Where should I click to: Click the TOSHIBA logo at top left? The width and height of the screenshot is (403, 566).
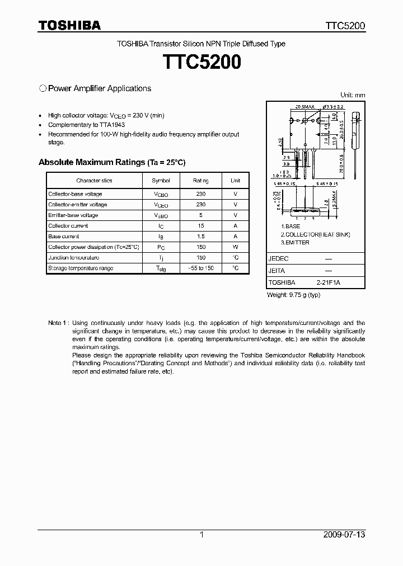click(x=69, y=25)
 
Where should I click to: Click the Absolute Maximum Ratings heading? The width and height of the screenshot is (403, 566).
click(x=111, y=162)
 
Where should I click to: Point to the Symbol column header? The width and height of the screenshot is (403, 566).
click(x=161, y=181)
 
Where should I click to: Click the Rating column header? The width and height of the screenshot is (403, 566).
click(x=201, y=181)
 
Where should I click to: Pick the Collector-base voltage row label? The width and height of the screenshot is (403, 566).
click(x=75, y=194)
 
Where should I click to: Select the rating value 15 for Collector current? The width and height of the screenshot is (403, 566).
click(x=201, y=226)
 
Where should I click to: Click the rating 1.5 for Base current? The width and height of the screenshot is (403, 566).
click(x=201, y=237)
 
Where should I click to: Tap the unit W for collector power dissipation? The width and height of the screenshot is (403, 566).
click(x=236, y=247)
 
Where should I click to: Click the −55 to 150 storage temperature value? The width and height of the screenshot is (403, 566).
click(x=201, y=268)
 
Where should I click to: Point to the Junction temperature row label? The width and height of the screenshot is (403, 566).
click(x=73, y=258)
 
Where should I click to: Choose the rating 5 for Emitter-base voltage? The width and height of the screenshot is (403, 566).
click(x=201, y=215)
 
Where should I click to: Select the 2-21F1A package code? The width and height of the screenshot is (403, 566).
click(x=327, y=283)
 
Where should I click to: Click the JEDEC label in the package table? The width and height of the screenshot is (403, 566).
click(x=278, y=259)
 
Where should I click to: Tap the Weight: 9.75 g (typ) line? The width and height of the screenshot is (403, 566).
click(x=294, y=294)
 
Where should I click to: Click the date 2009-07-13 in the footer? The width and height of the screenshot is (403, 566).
click(x=344, y=535)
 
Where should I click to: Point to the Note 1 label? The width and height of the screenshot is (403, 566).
click(x=58, y=323)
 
